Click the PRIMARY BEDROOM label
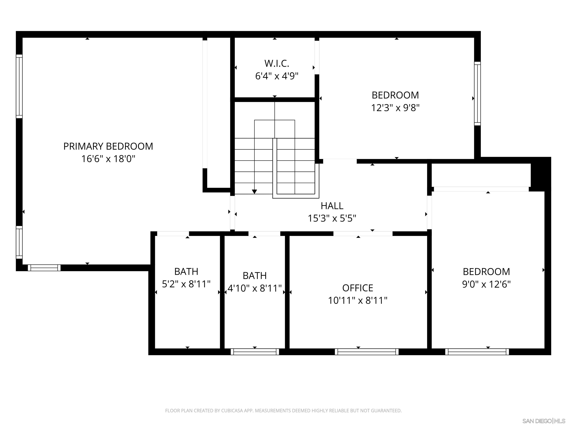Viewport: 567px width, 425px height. (108, 146)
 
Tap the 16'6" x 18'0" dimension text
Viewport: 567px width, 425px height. (108, 159)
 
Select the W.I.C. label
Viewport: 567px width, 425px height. (277, 63)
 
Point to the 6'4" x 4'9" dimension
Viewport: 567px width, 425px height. (277, 76)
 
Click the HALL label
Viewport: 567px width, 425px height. (332, 206)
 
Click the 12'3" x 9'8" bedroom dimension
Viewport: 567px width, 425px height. (395, 108)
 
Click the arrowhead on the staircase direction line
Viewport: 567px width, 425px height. (254, 192)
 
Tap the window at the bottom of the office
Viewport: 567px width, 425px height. (367, 352)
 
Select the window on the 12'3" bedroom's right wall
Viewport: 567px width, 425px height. (477, 94)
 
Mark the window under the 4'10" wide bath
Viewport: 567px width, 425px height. (255, 352)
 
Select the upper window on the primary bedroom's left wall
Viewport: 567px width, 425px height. (19, 86)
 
